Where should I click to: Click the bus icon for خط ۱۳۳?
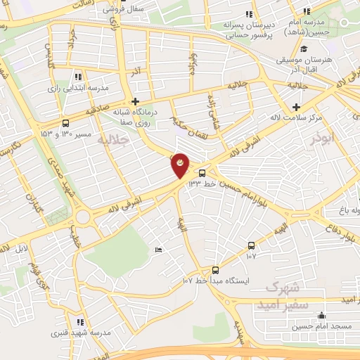(202, 173)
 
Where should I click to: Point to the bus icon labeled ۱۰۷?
(251, 245)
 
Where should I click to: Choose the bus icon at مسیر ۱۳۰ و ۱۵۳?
(65, 122)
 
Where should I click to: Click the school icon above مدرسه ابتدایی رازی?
(78, 76)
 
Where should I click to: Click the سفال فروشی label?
(104, 8)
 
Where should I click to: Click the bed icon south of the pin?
(158, 250)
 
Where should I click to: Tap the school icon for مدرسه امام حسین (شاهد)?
(306, 11)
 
